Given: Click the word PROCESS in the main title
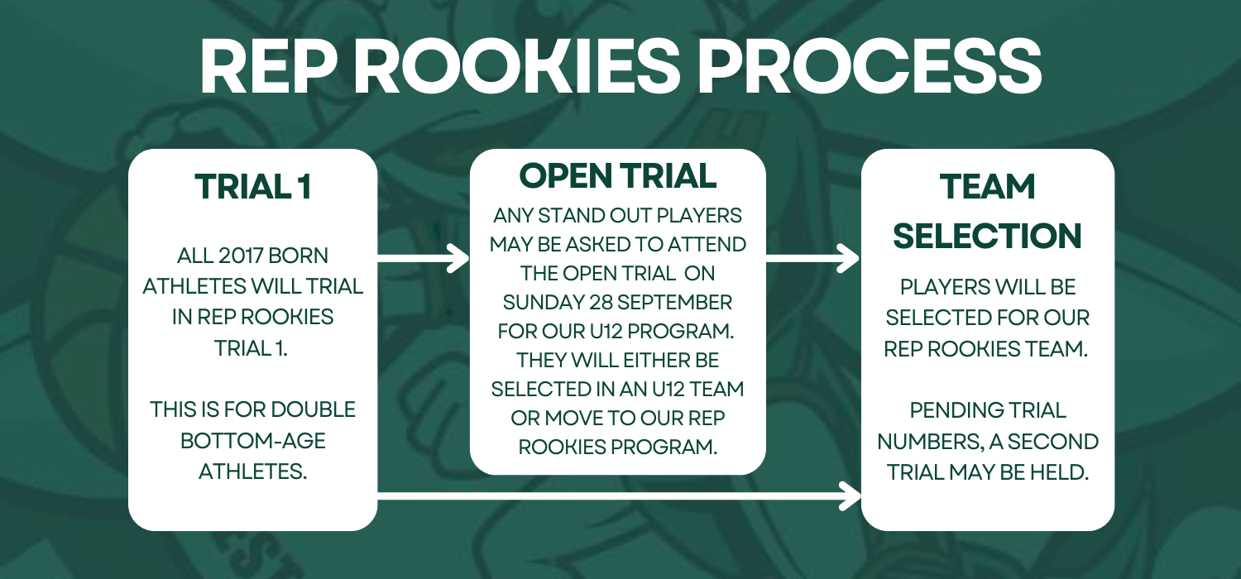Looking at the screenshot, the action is pyautogui.click(x=870, y=67).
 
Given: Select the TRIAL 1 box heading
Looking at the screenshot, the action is pyautogui.click(x=252, y=186).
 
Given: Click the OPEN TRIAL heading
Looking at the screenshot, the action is pyautogui.click(x=618, y=175).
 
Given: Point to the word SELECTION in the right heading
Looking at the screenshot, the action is pyautogui.click(x=987, y=236).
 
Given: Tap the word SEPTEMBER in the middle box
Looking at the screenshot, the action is pyautogui.click(x=674, y=303).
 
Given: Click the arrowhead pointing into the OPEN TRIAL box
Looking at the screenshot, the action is pyautogui.click(x=459, y=258).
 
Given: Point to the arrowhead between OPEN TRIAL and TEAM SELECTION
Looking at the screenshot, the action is pyautogui.click(x=849, y=258).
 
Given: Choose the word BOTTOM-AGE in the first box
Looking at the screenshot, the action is pyautogui.click(x=252, y=441).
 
